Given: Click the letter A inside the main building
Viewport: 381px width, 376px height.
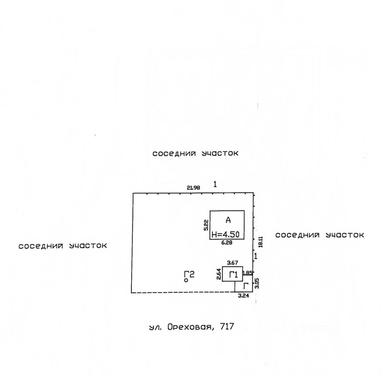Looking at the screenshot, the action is click(228, 220).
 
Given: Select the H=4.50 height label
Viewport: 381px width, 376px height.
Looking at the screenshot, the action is click(227, 234).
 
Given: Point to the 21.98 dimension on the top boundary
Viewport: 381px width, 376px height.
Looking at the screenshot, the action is click(193, 188).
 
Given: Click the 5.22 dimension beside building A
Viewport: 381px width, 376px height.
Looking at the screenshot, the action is click(206, 225).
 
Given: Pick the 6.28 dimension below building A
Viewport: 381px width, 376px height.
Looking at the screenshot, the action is click(227, 242).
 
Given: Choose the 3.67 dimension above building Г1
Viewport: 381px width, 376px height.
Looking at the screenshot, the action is click(232, 263).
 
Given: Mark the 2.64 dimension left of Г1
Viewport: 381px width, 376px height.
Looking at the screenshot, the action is click(219, 274).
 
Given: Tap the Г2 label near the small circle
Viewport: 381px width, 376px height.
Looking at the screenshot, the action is click(189, 274).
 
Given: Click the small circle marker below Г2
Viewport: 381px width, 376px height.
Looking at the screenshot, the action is click(186, 280).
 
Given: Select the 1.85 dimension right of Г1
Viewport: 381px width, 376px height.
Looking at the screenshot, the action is click(247, 273).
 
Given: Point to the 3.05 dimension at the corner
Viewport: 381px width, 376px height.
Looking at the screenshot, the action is click(257, 283).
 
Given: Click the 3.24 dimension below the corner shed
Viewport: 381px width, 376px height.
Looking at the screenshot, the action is click(244, 296).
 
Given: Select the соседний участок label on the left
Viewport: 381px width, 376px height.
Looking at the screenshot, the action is click(63, 246).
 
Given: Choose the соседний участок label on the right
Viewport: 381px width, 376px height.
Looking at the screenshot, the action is click(320, 235).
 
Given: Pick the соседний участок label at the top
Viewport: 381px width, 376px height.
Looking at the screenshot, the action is click(195, 153).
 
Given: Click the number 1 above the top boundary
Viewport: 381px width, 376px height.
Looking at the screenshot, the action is click(215, 184).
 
